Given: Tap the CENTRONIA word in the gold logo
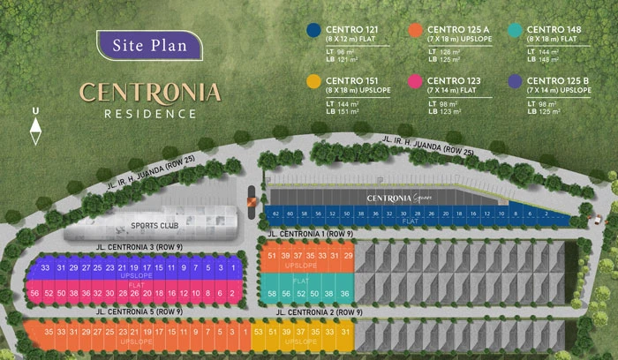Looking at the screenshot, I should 150,92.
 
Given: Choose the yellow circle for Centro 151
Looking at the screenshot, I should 313,82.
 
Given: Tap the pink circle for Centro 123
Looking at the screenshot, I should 415,82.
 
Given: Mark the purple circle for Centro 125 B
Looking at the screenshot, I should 515,82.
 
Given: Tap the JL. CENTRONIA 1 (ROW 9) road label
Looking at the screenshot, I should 309,234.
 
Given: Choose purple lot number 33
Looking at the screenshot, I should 36,267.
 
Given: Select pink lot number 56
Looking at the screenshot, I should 34,293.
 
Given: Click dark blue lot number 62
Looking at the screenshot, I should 276,214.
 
